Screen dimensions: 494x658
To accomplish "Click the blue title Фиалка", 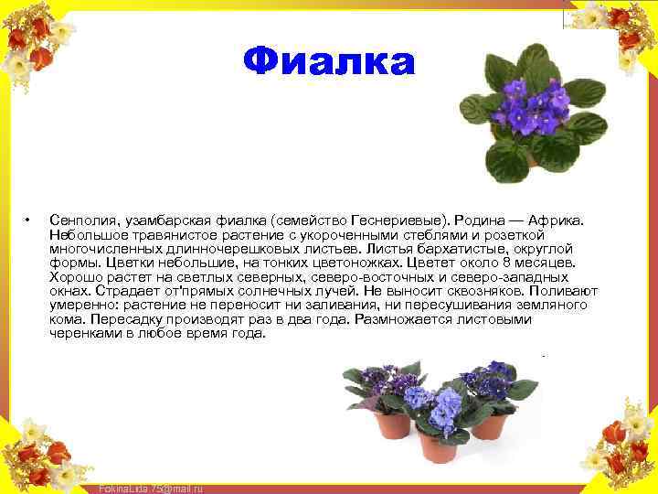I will pos(329,62).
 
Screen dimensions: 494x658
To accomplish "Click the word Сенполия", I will pos(81,220).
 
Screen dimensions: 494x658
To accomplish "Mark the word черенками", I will pos(82,333).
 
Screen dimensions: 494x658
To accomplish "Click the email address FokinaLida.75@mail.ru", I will pos(150,488).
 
